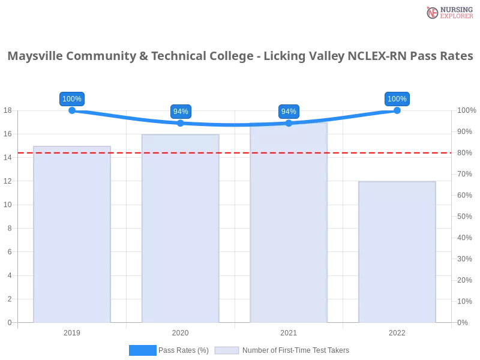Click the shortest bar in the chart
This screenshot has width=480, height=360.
pos(396,252)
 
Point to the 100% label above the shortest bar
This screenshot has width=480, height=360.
pos(397,99)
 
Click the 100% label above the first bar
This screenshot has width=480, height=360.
pos(72,99)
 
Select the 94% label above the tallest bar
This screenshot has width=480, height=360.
pos(289,112)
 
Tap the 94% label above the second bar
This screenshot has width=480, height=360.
pos(180,112)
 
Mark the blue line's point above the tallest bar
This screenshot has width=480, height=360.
pos(289,123)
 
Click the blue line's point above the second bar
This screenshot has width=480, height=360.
pos(179,123)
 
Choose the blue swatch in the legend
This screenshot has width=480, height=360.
pos(143,350)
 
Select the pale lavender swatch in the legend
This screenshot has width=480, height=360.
pos(227,350)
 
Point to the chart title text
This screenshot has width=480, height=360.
pos(240,56)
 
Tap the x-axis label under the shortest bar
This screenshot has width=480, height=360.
pos(397,331)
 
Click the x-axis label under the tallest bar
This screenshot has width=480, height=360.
pos(289,331)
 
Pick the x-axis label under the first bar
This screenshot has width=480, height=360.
pos(72,331)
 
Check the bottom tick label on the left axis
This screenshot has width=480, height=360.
pos(8,322)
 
